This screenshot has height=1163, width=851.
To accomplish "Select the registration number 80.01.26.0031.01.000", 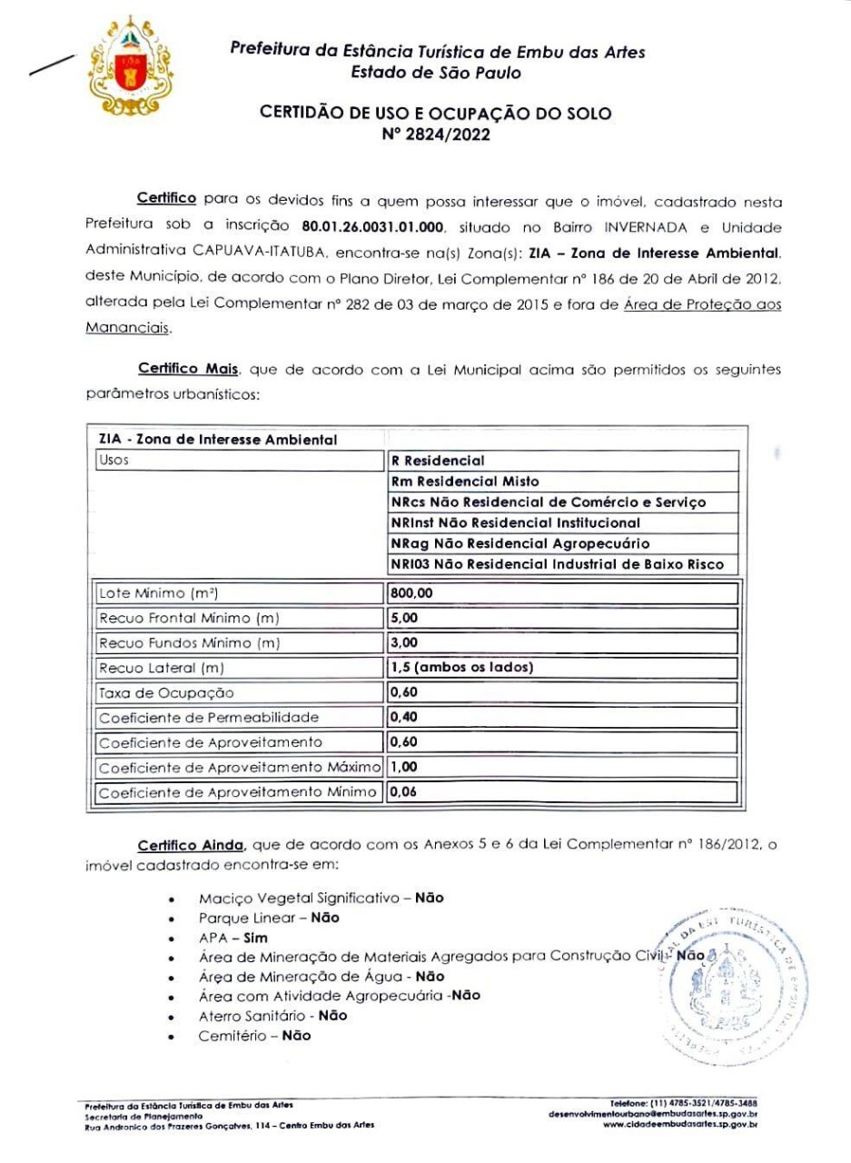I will (x=372, y=224).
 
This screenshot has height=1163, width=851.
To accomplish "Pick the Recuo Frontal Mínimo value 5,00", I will (x=404, y=619).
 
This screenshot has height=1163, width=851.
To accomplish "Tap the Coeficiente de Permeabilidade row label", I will (x=209, y=718).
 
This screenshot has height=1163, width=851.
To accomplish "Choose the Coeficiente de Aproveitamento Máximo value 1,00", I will (x=404, y=767).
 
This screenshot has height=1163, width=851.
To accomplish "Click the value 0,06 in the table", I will (x=404, y=792).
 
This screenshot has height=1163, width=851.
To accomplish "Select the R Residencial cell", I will (x=438, y=461).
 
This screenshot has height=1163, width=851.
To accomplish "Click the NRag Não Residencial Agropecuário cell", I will (x=520, y=544).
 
